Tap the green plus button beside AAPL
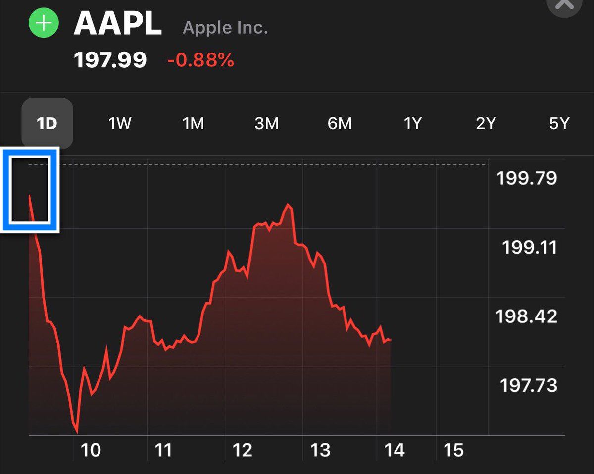pyautogui.click(x=44, y=23)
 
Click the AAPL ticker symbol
pyautogui.click(x=118, y=23)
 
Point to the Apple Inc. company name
pyautogui.click(x=225, y=27)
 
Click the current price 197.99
pyautogui.click(x=110, y=60)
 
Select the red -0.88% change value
pyautogui.click(x=200, y=60)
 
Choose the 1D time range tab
pyautogui.click(x=47, y=123)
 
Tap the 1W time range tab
pyautogui.click(x=120, y=123)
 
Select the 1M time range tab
pyautogui.click(x=193, y=123)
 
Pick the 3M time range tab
pyautogui.click(x=266, y=123)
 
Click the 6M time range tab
pyautogui.click(x=340, y=123)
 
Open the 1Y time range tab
pyautogui.click(x=412, y=123)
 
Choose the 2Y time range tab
pyautogui.click(x=486, y=123)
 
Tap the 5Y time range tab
pyautogui.click(x=559, y=123)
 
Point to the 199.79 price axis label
pyautogui.click(x=527, y=178)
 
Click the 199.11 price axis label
pyautogui.click(x=529, y=247)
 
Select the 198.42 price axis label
pyautogui.click(x=526, y=316)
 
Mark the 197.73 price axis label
pyautogui.click(x=529, y=385)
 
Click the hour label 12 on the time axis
pyautogui.click(x=243, y=450)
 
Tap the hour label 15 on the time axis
pyautogui.click(x=453, y=450)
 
